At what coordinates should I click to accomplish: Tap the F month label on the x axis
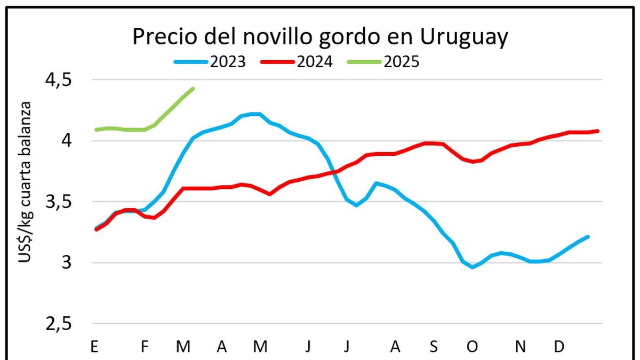coord(145,347)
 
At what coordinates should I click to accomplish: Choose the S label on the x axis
coord(434,347)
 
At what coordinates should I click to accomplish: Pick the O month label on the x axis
coord(473,347)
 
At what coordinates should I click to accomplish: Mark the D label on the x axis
coord(559,347)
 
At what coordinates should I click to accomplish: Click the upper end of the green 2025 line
coord(193,89)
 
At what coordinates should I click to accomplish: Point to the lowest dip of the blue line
coord(472,267)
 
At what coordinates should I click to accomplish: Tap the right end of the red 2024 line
coord(598,131)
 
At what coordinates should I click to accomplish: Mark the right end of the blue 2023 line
coord(588,236)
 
